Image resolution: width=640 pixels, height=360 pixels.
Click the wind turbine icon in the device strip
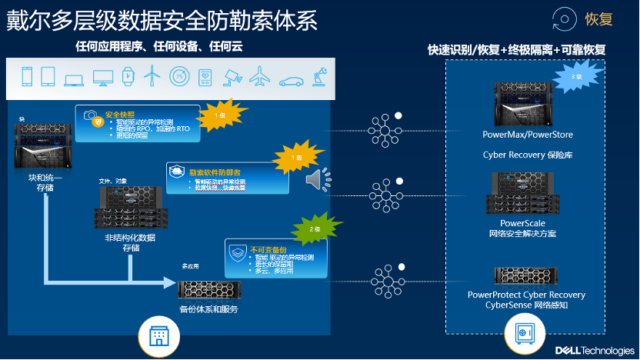[153, 76]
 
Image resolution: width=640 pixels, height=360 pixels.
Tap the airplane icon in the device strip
[260, 76]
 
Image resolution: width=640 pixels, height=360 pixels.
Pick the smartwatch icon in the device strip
[128, 76]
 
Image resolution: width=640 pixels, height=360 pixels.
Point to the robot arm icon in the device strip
[316, 76]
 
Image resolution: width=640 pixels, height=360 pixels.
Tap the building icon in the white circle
[158, 336]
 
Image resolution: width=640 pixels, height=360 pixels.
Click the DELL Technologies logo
[595, 350]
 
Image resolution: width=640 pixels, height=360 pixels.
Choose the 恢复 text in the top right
[600, 19]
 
